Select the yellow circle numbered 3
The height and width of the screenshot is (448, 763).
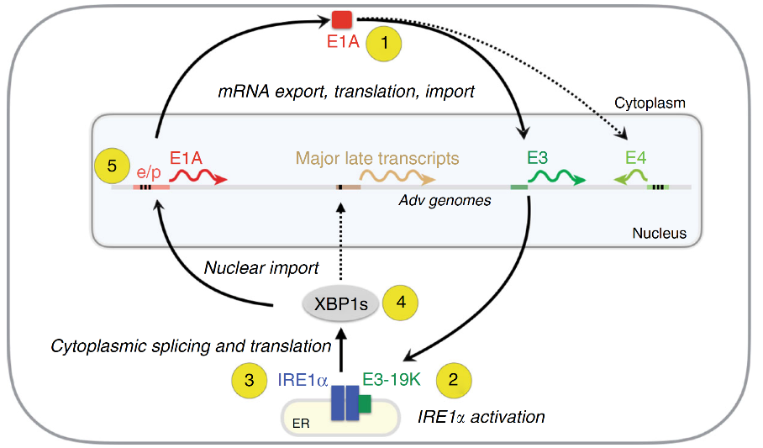click(x=250, y=380)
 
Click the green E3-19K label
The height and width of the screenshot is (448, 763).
click(x=392, y=379)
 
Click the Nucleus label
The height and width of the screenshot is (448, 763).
click(x=659, y=233)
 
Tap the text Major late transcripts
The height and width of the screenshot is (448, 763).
click(x=376, y=157)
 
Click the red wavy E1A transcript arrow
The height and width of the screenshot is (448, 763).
click(x=198, y=178)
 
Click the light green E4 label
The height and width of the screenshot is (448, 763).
click(x=636, y=157)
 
